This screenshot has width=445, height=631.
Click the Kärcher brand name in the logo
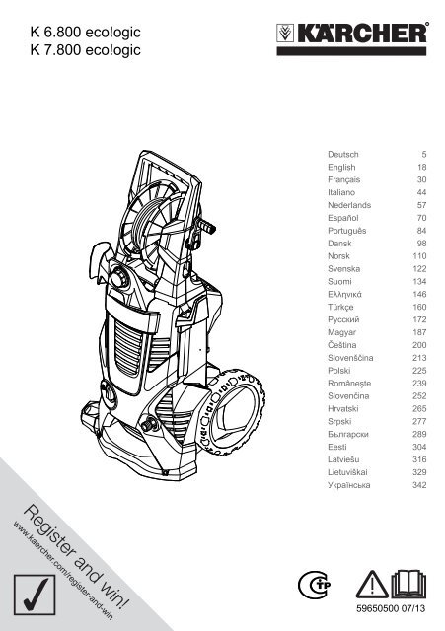tap(362, 34)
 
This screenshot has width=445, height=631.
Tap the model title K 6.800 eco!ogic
tap(85, 32)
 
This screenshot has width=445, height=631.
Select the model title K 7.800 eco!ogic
tap(85, 50)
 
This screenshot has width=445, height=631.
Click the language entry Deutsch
tap(342, 154)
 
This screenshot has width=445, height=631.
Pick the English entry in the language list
tap(341, 167)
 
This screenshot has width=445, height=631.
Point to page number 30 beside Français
tap(421, 179)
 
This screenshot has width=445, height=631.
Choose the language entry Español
tap(342, 218)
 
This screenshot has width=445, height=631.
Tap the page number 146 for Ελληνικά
tap(419, 294)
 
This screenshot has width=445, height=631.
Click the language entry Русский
tap(343, 319)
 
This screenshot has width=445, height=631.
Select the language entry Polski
tap(338, 371)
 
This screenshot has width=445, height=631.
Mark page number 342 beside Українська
tap(419, 485)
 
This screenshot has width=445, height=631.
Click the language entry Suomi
tap(339, 282)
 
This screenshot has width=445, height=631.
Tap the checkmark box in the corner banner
tap(35, 595)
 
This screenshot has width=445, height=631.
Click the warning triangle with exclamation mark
tap(372, 585)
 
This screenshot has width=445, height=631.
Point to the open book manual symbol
tap(408, 584)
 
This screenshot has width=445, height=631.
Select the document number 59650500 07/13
tap(391, 609)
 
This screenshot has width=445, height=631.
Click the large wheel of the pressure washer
tap(234, 411)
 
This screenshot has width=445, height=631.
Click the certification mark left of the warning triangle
tap(314, 585)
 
